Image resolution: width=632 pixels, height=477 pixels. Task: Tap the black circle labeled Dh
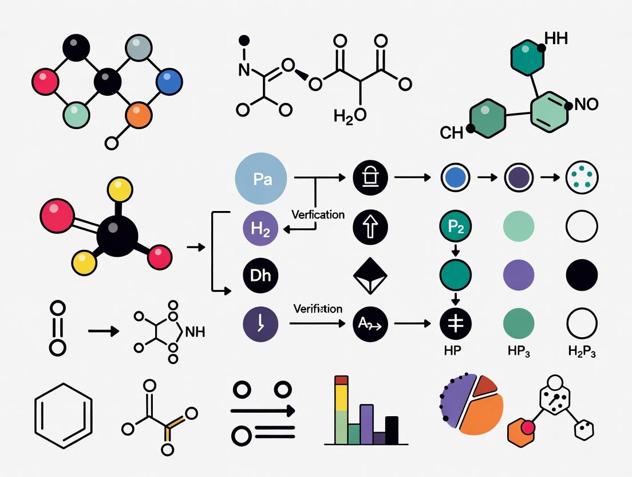coord(260,276)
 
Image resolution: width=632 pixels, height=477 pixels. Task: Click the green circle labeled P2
coord(455,228)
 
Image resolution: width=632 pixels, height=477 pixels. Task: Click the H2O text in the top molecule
coord(350,115)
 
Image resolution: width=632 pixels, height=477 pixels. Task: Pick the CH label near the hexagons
coord(452,134)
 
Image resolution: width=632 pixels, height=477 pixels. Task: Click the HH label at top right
coord(556,40)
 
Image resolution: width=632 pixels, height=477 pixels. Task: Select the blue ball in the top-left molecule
coord(168,81)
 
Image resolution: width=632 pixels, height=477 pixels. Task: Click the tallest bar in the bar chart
coord(341,410)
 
